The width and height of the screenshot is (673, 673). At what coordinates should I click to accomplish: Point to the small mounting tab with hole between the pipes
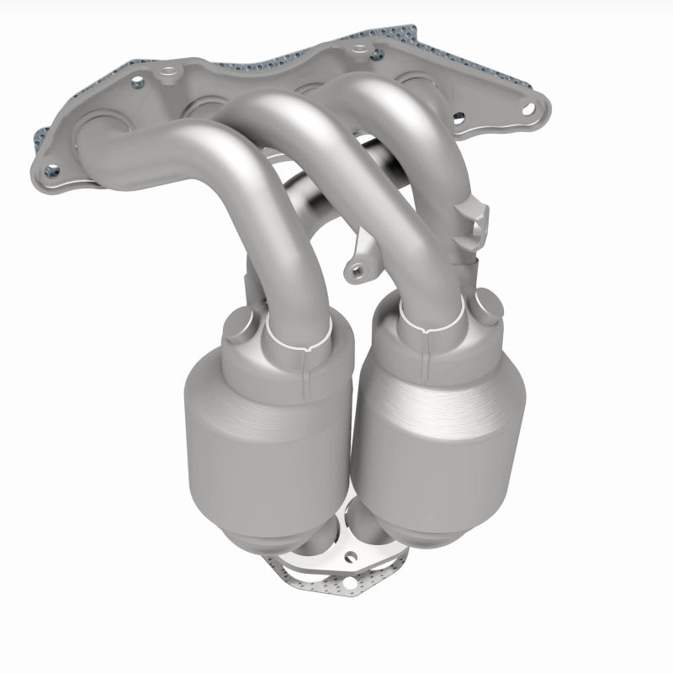(x=358, y=270)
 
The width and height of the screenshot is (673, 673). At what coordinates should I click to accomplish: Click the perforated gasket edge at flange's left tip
(x=40, y=140)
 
